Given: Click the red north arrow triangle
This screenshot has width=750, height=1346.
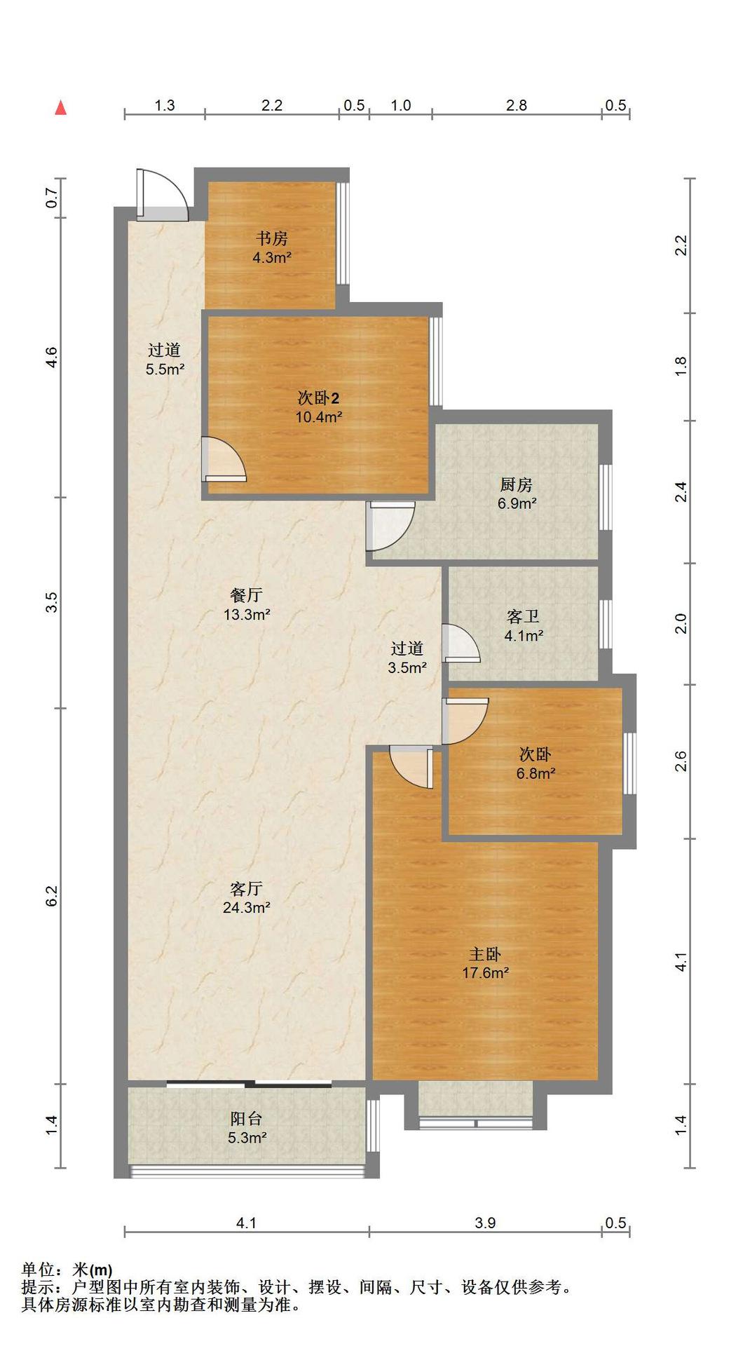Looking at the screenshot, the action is [61, 107].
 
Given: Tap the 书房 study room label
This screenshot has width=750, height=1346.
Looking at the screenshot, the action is [272, 238].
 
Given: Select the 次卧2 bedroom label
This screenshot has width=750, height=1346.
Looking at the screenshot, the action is [319, 398].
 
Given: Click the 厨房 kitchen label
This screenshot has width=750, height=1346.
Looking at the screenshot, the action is [517, 484].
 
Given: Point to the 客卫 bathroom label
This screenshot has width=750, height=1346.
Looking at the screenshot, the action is [524, 617].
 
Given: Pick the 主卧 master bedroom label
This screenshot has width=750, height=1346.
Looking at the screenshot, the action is [485, 954].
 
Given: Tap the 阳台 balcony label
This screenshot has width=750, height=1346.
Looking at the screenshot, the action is [247, 1119].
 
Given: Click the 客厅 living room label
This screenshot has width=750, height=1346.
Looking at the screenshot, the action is [247, 889].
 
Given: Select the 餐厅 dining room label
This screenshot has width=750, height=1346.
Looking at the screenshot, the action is [247, 595].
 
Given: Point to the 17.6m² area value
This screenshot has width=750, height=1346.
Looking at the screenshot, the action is [485, 973].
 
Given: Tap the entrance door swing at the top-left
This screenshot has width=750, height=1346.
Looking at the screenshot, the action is [163, 196].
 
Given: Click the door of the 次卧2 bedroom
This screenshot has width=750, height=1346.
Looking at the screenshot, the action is [224, 458].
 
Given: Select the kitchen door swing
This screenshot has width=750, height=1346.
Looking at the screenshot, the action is [390, 526].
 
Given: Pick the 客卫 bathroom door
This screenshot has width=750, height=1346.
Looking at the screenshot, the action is [462, 643].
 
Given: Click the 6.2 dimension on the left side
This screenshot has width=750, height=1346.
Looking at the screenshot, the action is [52, 896].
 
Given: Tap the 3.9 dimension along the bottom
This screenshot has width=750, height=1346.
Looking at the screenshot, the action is [485, 1223].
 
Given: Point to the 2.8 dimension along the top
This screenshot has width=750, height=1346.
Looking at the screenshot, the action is [517, 105].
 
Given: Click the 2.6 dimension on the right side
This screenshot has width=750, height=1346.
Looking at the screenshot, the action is [681, 761].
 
